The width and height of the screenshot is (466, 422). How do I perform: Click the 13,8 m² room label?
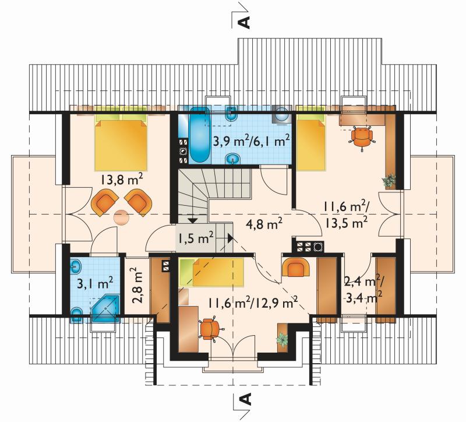coord(122,181)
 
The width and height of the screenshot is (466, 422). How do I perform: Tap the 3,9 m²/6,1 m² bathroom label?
coord(252,140)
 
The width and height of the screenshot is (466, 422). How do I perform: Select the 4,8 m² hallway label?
coord(264,224)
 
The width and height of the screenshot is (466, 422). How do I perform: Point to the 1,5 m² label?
coord(196,238)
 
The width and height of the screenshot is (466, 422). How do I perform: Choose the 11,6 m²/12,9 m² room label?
coord(253,303)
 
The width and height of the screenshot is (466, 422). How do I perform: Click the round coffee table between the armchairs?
coord(122,217)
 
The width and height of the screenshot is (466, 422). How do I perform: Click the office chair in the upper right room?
coord(361,137)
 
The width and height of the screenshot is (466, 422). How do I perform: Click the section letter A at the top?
coord(244,22)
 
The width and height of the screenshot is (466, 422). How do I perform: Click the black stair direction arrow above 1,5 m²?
coord(193,220)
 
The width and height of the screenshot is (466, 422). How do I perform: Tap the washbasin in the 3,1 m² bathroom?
coord(76,266)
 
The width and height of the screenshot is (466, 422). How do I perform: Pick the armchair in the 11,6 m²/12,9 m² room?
coord(295,267)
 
